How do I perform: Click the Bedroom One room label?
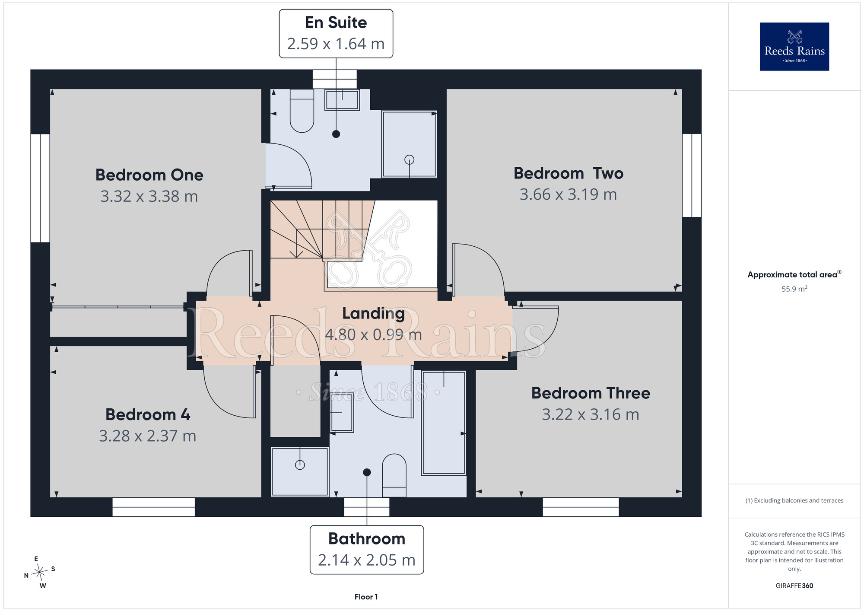tap(149, 175)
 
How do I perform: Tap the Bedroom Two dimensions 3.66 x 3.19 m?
tap(568, 194)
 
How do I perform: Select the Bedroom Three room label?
tap(591, 393)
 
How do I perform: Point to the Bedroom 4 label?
tap(148, 415)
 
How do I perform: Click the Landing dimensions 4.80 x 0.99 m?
tap(373, 334)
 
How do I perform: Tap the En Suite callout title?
tap(336, 22)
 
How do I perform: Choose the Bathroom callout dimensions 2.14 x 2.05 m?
tap(367, 560)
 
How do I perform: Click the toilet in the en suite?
tap(302, 111)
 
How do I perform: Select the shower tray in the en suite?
tap(409, 144)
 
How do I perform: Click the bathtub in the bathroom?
tap(444, 423)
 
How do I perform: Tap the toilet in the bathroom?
tap(394, 475)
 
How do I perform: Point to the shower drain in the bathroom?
tap(300, 465)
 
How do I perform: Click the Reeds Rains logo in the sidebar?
tap(794, 47)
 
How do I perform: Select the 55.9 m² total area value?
tap(794, 289)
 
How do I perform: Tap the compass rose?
tap(40, 573)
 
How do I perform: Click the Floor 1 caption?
tap(366, 597)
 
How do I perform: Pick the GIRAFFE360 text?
tap(794, 586)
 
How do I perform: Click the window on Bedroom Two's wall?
tap(692, 175)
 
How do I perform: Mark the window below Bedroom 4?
tap(153, 507)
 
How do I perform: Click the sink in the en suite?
tap(342, 100)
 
